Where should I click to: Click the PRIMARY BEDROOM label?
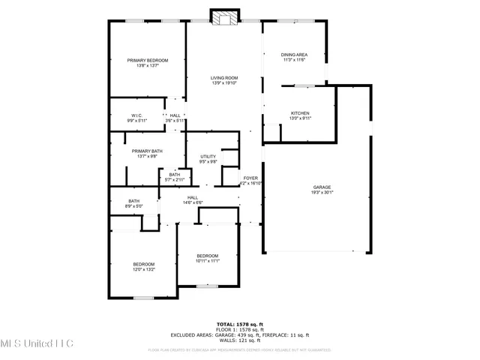tap(147, 60)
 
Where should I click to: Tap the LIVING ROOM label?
tap(223, 78)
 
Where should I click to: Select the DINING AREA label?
tap(294, 55)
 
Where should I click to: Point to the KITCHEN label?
tap(300, 113)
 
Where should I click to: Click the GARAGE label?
tap(322, 187)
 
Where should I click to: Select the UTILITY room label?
tap(208, 156)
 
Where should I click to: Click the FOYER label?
tap(250, 178)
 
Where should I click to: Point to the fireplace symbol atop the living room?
tap(223, 17)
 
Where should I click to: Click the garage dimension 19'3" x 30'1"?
tap(322, 192)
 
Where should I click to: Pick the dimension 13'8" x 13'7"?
tap(147, 65)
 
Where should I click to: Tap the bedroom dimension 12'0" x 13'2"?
tap(144, 268)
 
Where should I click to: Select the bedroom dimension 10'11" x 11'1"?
tap(207, 261)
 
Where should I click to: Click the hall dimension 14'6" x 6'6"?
tap(192, 202)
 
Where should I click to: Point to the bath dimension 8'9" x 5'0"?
tap(133, 205)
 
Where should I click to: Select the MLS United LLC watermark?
tap(37, 344)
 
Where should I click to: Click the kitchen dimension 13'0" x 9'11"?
tap(300, 118)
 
